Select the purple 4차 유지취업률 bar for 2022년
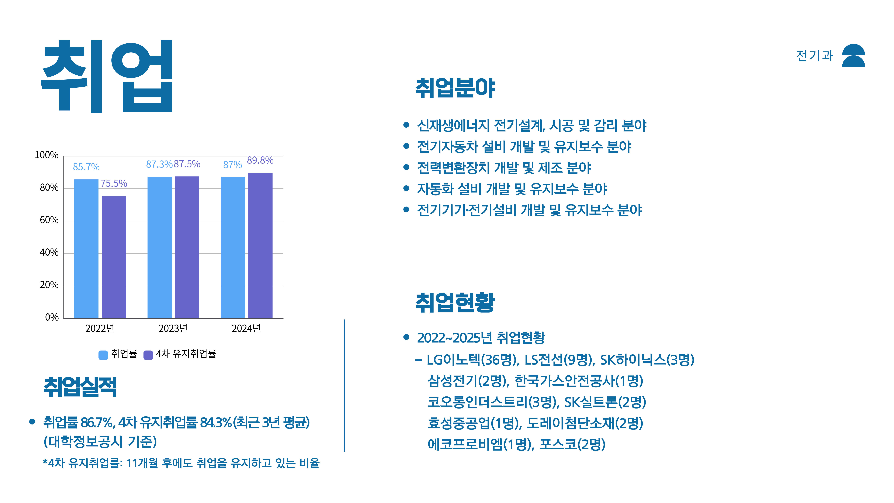click(114, 257)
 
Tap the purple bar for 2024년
click(260, 245)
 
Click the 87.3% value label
click(159, 164)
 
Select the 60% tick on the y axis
click(49, 220)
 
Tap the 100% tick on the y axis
click(46, 155)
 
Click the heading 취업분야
click(455, 88)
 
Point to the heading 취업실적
click(80, 387)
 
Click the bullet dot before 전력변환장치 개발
click(406, 167)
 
